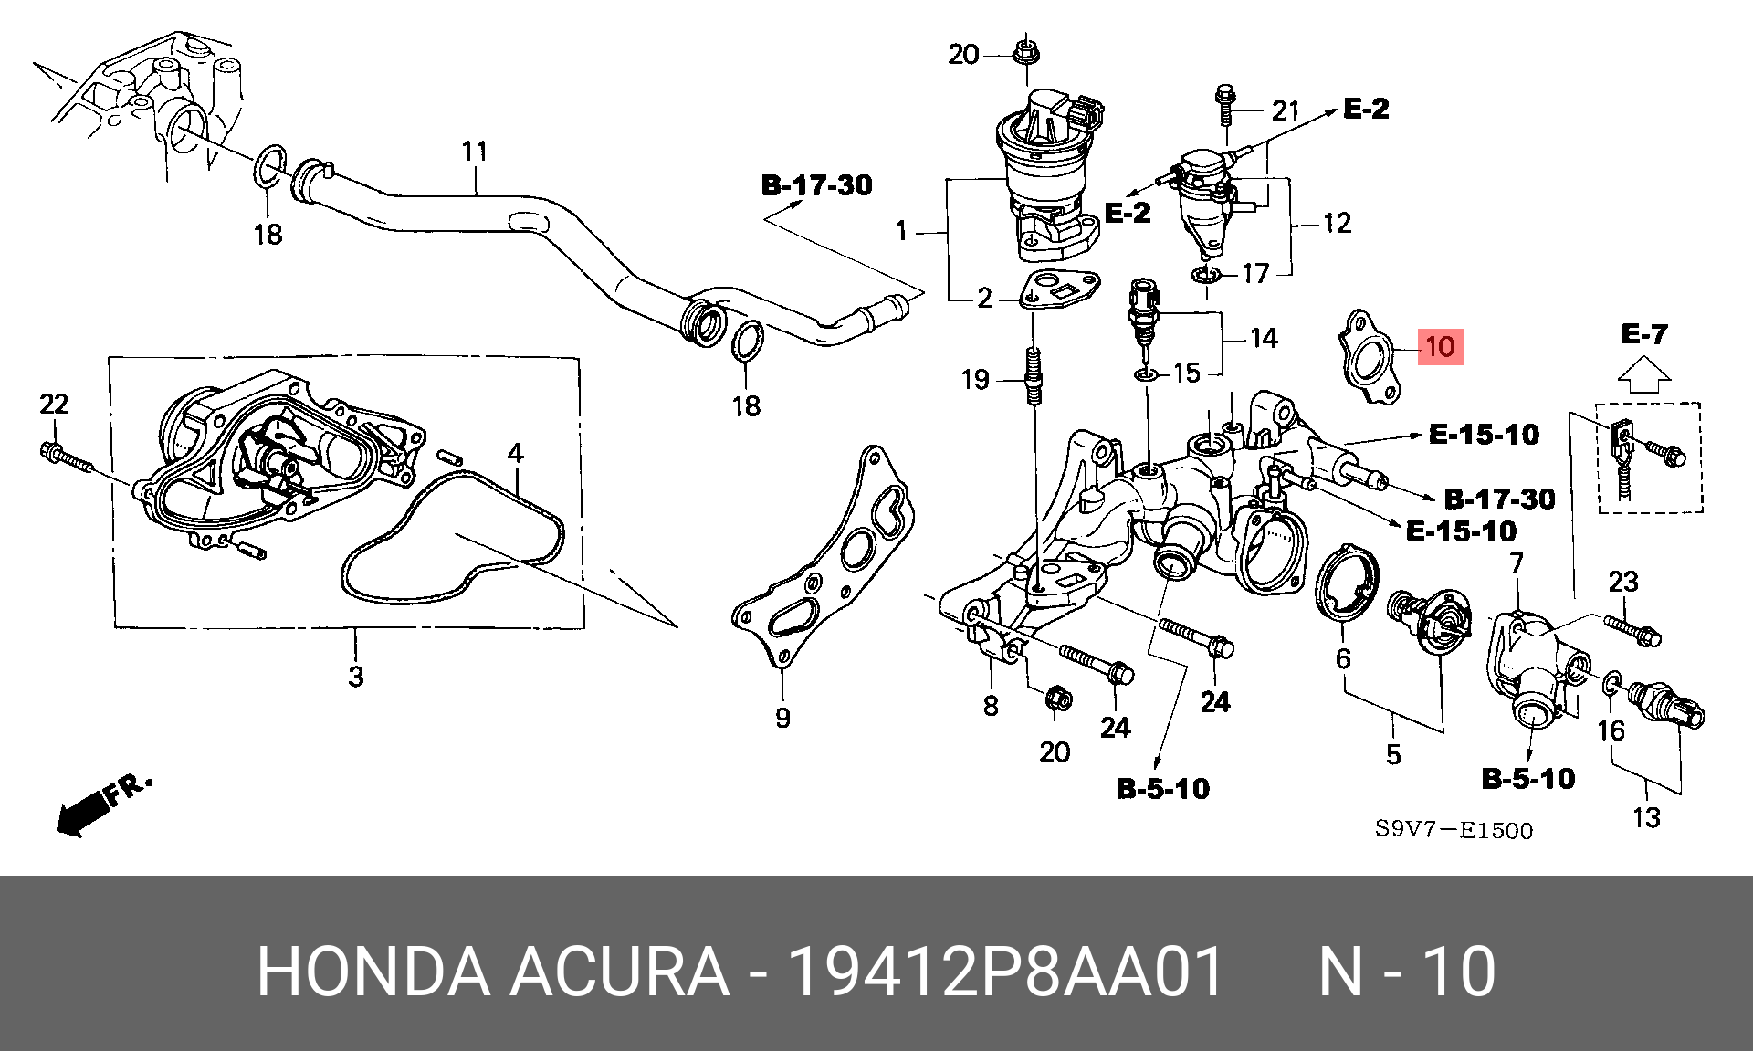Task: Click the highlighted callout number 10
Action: click(1440, 347)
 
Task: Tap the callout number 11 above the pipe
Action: click(475, 152)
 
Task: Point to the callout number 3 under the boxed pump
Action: click(355, 677)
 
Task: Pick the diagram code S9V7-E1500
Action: click(1454, 830)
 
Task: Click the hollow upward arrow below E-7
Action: click(1643, 372)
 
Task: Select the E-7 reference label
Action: click(1643, 334)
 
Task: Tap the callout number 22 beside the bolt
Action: click(54, 404)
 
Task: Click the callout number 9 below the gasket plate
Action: click(782, 719)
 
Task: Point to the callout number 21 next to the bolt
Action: click(1285, 111)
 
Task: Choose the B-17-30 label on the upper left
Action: click(816, 185)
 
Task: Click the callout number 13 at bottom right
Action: click(1646, 816)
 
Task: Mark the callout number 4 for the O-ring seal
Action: click(516, 453)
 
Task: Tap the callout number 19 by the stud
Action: click(975, 379)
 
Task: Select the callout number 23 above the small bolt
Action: click(1623, 581)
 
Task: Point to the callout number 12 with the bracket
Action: click(1337, 223)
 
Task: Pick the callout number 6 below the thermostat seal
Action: click(1343, 657)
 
